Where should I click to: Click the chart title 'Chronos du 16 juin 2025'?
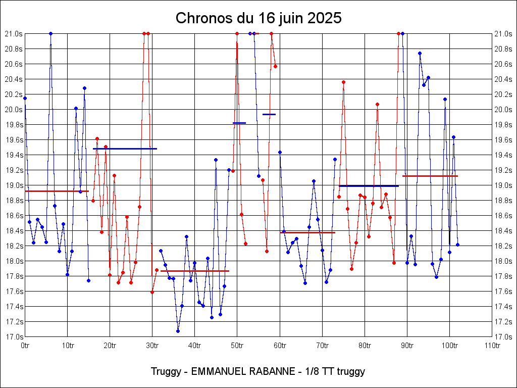pyautogui.click(x=258, y=18)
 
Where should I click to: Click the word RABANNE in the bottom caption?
pyautogui.click(x=272, y=371)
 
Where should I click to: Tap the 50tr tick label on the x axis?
pyautogui.click(x=237, y=346)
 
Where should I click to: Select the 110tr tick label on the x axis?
pyautogui.click(x=492, y=346)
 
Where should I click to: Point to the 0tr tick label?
pyautogui.click(x=25, y=346)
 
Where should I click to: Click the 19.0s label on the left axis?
pyautogui.click(x=14, y=185)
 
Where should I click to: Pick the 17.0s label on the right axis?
pyautogui.click(x=503, y=337)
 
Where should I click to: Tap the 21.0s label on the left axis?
pyautogui.click(x=14, y=34)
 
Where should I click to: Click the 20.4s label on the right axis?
pyautogui.click(x=503, y=79)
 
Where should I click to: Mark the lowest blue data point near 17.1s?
pyautogui.click(x=178, y=331)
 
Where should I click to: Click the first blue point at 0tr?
pyautogui.click(x=25, y=98)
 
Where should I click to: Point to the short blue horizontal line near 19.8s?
pyautogui.click(x=239, y=123)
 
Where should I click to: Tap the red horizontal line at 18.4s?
pyautogui.click(x=307, y=232)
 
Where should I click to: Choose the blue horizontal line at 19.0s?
pyautogui.click(x=369, y=186)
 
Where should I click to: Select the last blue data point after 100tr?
pyautogui.click(x=457, y=245)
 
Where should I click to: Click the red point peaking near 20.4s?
pyautogui.click(x=343, y=82)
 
